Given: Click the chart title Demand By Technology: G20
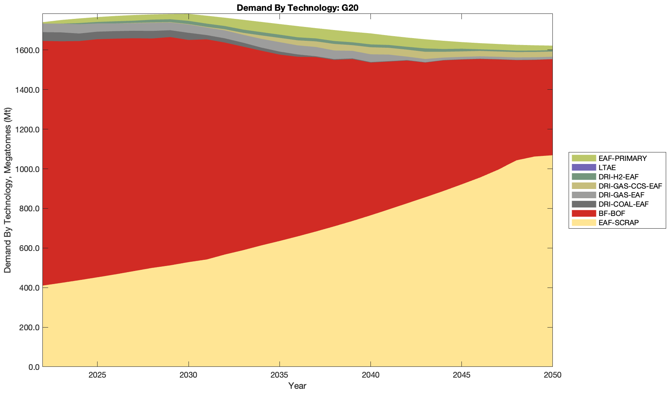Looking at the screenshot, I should click(297, 8).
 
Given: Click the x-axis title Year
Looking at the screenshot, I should click(297, 386).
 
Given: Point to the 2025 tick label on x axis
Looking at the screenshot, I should click(97, 375).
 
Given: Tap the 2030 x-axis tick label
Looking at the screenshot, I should click(188, 375).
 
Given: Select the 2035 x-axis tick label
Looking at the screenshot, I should click(279, 375).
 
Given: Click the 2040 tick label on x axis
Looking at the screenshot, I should click(370, 375).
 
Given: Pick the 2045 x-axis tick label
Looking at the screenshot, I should click(461, 375).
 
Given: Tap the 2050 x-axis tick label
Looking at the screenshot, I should click(552, 375).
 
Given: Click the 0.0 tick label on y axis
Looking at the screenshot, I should click(32, 367).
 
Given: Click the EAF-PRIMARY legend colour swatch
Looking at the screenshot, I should click(584, 158).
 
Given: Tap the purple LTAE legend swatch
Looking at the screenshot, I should click(584, 167).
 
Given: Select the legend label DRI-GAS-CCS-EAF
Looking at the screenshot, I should click(630, 186).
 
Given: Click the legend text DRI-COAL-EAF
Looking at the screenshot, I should click(623, 204).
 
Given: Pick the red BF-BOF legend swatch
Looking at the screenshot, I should click(584, 213).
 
